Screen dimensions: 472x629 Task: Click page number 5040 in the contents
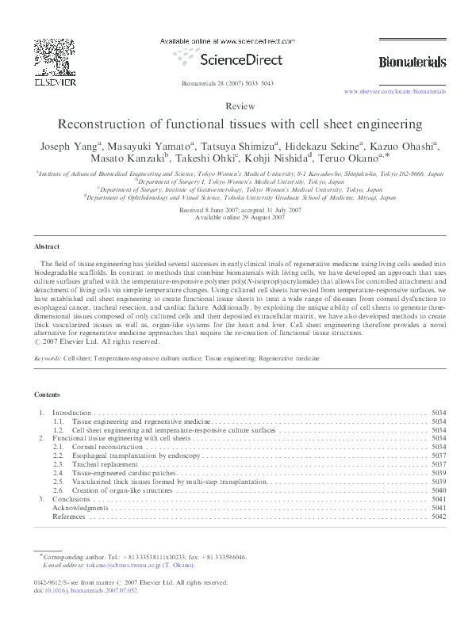coord(438,490)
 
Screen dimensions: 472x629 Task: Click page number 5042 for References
coord(438,516)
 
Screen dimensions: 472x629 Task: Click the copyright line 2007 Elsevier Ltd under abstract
coord(91,341)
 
